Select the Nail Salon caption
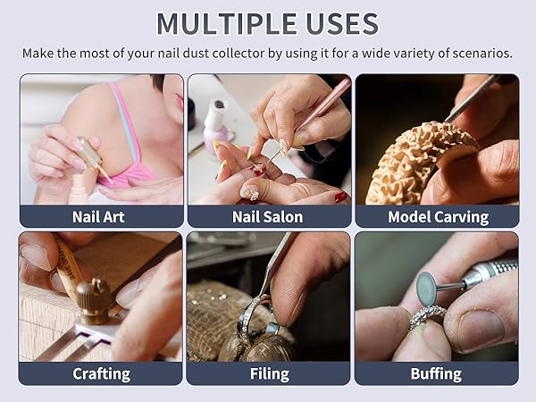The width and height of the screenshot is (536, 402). tap(268, 217)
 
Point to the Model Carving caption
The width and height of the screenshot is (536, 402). tap(437, 217)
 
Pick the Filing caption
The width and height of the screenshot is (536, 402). tap(268, 373)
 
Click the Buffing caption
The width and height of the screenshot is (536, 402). tap(437, 373)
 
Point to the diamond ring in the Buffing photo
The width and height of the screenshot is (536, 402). tap(427, 317)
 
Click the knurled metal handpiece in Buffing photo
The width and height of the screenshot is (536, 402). tap(487, 272)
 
